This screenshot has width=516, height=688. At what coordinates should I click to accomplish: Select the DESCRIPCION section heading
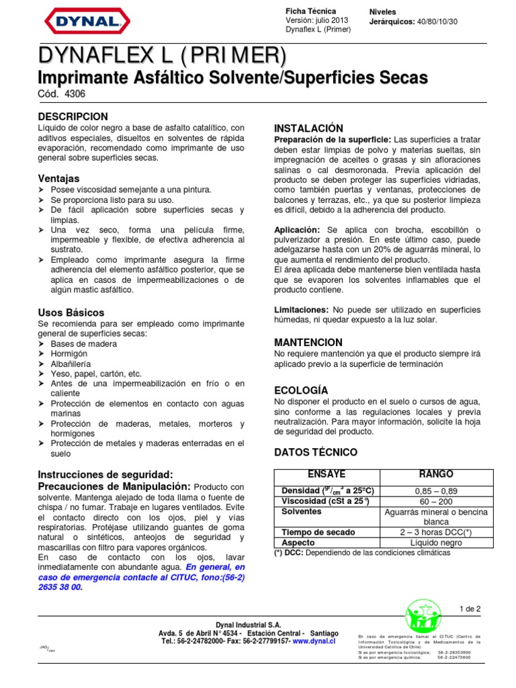pyautogui.click(x=73, y=116)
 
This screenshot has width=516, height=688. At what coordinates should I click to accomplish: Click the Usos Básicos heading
pyautogui.click(x=71, y=312)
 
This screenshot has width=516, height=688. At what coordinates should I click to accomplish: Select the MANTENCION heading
pyautogui.click(x=308, y=342)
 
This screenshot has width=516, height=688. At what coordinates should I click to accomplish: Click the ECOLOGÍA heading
pyautogui.click(x=301, y=390)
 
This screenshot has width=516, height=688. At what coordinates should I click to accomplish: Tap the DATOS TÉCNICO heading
pyautogui.click(x=316, y=452)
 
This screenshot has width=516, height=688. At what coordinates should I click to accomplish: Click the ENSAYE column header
pyautogui.click(x=326, y=474)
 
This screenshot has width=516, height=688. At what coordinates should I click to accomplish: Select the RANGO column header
pyautogui.click(x=435, y=474)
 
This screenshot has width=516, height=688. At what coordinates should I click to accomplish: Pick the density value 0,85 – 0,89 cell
pyautogui.click(x=435, y=490)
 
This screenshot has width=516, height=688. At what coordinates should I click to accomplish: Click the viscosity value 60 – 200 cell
pyautogui.click(x=435, y=501)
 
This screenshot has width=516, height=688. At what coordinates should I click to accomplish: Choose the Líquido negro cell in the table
pyautogui.click(x=435, y=543)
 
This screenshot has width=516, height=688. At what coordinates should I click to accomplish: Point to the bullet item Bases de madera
pyautogui.click(x=84, y=343)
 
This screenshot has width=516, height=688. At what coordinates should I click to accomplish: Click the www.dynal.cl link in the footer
pyautogui.click(x=314, y=641)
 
